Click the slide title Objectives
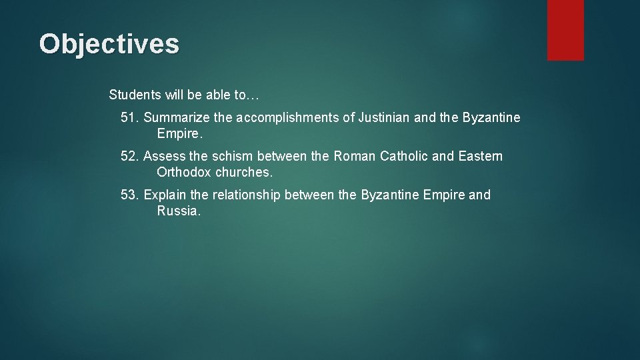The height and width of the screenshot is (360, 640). point(109,44)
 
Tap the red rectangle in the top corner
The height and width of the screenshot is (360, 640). point(565,30)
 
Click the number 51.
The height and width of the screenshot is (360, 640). point(130,118)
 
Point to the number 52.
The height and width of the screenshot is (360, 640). point(130,157)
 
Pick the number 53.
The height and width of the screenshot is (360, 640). point(130,195)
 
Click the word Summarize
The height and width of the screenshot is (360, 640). point(177,118)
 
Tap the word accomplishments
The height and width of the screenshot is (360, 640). point(295,118)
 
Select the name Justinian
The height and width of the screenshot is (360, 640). point(384,118)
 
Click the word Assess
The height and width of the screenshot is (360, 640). point(164,157)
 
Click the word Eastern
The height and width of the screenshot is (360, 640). point(481,157)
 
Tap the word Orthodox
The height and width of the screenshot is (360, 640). point(184,173)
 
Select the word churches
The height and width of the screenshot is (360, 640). point(244,173)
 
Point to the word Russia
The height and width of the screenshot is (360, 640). point(179,211)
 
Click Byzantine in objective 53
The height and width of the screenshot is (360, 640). point(390,195)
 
